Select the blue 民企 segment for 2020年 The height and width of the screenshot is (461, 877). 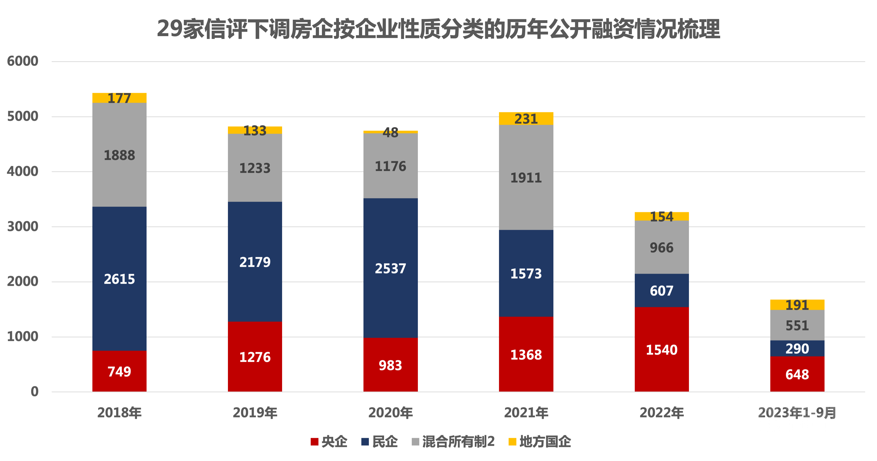click(390, 268)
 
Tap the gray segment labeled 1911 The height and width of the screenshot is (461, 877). click(526, 177)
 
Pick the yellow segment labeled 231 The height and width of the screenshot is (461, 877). click(526, 118)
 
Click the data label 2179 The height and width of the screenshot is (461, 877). click(255, 262)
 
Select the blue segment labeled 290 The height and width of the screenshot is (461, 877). click(797, 348)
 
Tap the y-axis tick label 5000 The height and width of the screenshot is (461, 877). click(23, 117)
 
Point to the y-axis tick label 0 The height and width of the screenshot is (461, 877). click(34, 392)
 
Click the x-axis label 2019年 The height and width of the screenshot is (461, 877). click(255, 413)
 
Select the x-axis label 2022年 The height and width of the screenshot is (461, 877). click(661, 413)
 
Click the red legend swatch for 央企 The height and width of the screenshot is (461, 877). click(314, 442)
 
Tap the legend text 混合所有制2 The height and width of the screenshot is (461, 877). click(458, 442)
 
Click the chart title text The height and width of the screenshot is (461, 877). click(438, 29)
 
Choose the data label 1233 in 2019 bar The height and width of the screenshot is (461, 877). click(255, 168)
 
